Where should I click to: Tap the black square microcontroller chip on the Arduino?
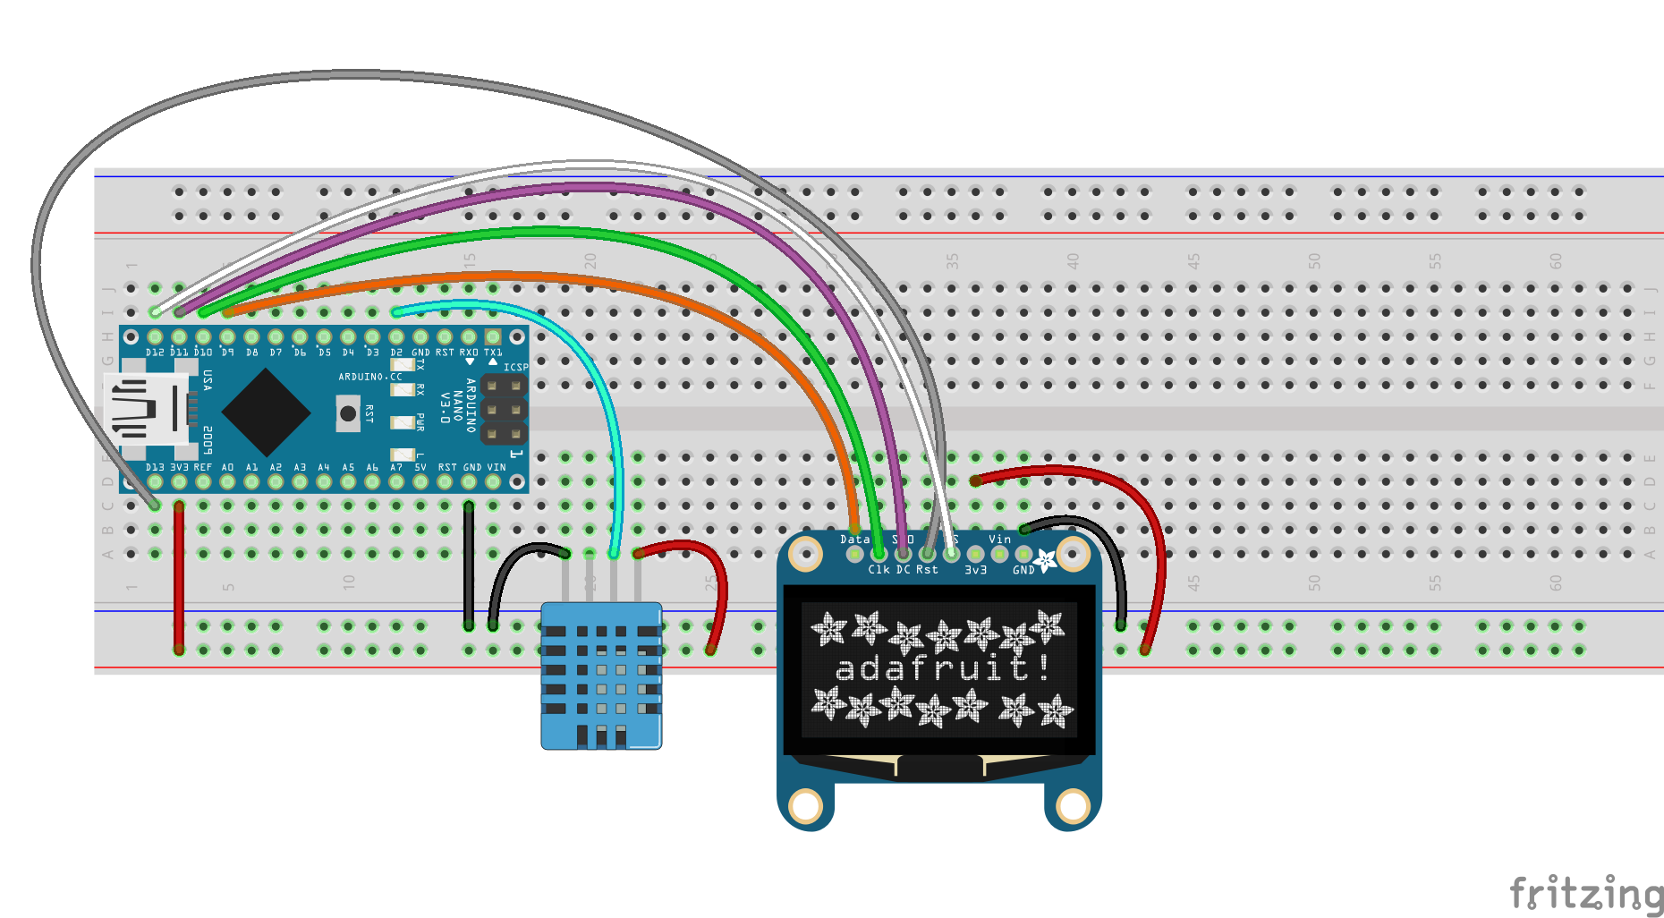tap(266, 412)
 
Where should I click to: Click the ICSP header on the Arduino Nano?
tap(504, 410)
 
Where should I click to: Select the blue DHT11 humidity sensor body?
tap(601, 675)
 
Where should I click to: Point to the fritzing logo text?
tap(1584, 893)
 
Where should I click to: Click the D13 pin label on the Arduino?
tap(155, 467)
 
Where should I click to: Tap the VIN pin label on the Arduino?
tap(497, 467)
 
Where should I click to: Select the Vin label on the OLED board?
tap(999, 539)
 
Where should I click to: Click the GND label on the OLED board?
tap(1023, 570)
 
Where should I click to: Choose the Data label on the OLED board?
tap(854, 539)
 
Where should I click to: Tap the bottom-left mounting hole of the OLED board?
tap(805, 805)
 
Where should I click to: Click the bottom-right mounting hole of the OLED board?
tap(1072, 805)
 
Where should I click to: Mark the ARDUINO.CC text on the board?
tap(369, 377)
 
